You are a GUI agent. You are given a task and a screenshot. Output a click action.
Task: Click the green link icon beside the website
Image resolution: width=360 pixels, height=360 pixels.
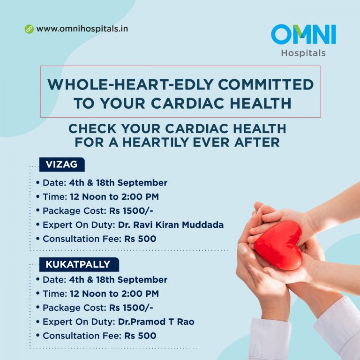[29, 29]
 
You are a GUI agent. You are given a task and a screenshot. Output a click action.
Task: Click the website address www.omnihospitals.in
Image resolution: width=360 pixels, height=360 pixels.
[82, 29]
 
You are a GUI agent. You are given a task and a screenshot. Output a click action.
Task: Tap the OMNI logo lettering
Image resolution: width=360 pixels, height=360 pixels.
[303, 34]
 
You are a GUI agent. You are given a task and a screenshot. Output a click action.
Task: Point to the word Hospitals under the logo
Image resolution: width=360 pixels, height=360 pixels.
[303, 53]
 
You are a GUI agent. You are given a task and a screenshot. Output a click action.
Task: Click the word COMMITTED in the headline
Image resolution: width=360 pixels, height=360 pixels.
[266, 84]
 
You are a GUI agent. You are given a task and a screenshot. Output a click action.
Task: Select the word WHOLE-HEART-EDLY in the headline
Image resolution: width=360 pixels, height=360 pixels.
[131, 84]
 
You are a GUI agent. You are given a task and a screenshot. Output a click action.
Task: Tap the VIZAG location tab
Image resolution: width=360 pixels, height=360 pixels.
[62, 165]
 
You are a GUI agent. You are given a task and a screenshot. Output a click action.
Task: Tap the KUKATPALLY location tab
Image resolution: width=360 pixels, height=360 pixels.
[79, 264]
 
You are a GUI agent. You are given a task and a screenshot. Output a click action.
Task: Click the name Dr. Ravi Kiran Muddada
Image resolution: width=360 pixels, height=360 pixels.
[171, 225]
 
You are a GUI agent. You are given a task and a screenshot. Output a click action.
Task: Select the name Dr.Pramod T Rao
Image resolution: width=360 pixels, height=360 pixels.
[156, 322]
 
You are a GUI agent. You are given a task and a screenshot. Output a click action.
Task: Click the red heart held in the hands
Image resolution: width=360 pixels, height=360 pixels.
[279, 245]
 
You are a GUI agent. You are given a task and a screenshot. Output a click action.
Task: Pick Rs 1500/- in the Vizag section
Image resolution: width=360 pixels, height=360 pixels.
[131, 211]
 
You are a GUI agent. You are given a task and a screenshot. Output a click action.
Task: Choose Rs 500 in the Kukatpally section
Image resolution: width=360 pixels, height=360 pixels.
[140, 336]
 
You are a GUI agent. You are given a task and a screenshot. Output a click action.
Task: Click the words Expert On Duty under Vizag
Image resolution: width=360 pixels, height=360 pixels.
[79, 225]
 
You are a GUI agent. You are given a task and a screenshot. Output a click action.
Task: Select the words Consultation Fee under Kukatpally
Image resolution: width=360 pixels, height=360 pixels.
[82, 336]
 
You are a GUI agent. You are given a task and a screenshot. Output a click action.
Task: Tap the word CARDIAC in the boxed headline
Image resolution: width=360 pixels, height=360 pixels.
[187, 103]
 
